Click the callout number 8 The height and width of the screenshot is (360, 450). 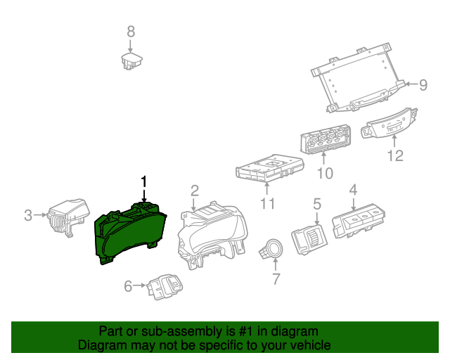click(x=130, y=31)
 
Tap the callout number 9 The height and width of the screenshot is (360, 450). click(x=423, y=85)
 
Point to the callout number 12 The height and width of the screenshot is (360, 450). click(x=396, y=156)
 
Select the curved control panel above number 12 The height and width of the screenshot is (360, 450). click(x=389, y=124)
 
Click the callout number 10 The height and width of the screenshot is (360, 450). click(x=325, y=172)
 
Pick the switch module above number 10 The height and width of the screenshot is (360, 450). click(x=325, y=138)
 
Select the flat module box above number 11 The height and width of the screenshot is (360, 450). click(x=269, y=169)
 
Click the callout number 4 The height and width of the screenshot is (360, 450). click(x=353, y=189)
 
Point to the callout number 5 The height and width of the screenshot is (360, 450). click(x=317, y=204)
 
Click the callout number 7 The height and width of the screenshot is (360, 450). click(x=275, y=279)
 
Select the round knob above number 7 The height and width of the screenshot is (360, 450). click(x=271, y=249)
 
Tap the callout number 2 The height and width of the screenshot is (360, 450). click(x=195, y=190)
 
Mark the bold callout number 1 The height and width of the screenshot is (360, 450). click(x=145, y=181)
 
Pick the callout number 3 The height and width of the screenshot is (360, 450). click(x=28, y=215)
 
